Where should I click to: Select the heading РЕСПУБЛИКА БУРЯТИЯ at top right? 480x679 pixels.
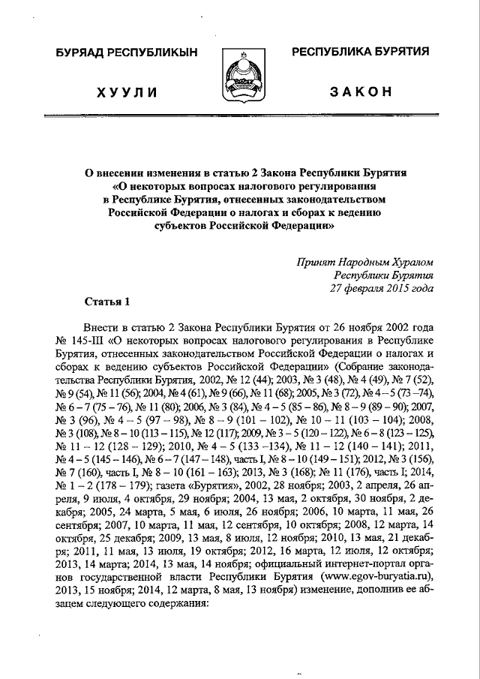click(359, 52)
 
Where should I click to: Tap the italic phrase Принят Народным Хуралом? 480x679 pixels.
click(365, 262)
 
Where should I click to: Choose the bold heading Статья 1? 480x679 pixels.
click(106, 302)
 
